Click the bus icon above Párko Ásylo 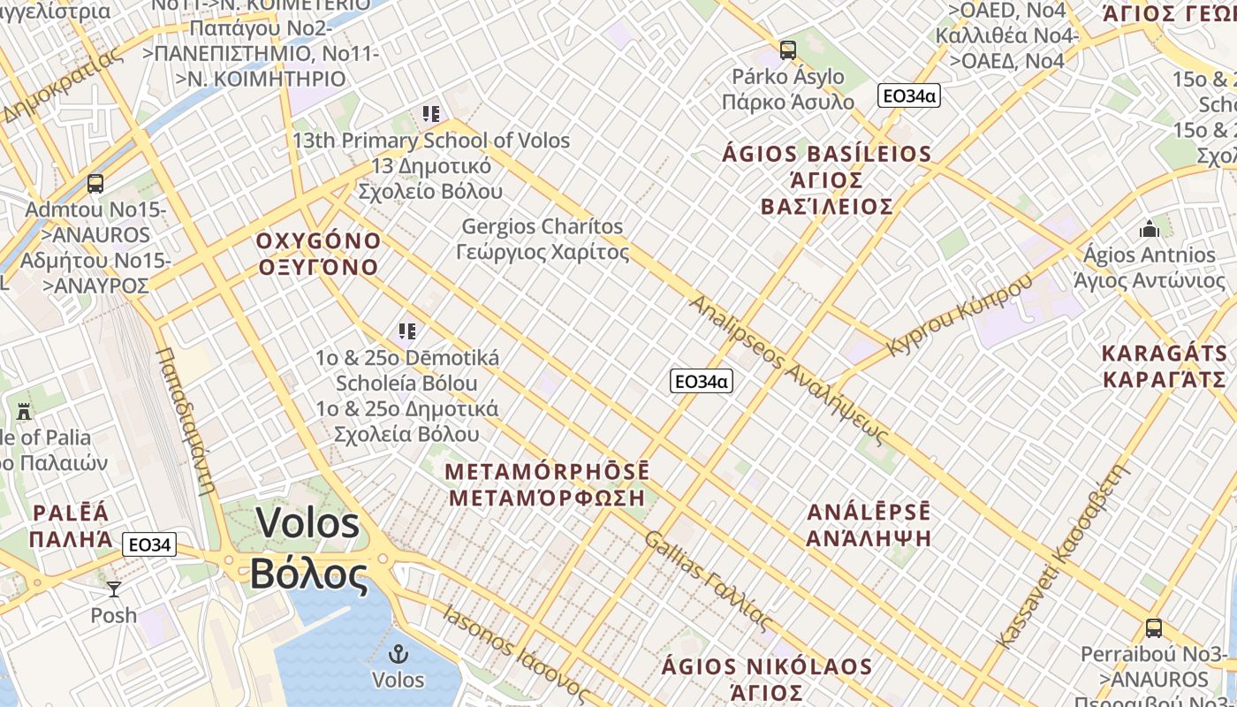pos(787,50)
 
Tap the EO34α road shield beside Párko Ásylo pos(908,95)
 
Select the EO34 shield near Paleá pos(150,544)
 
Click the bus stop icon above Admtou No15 pos(95,184)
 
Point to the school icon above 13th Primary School pos(430,114)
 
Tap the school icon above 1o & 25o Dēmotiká pos(406,331)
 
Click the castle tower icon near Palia pos(24,412)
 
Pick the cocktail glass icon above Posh pos(114,589)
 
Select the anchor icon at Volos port pos(398,655)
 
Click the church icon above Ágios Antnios pos(1150,229)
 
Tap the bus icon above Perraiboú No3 pos(1154,628)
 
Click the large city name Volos pos(308,523)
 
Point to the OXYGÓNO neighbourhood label pos(318,241)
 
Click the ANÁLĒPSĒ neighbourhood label pos(869,513)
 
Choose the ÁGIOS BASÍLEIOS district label pos(826,155)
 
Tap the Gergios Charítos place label pos(543,227)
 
